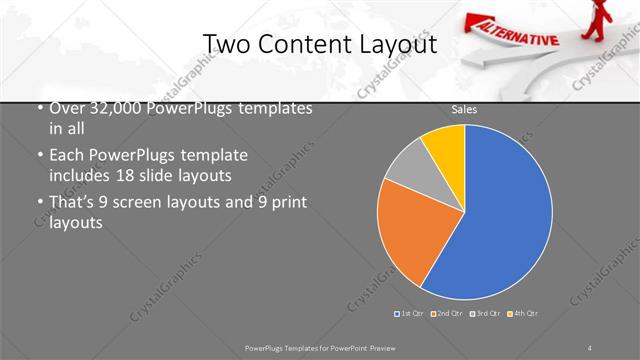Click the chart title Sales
click(464, 110)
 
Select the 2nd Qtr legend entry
click(448, 314)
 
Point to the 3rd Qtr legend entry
click(486, 314)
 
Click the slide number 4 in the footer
click(590, 347)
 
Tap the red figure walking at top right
click(606, 20)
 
